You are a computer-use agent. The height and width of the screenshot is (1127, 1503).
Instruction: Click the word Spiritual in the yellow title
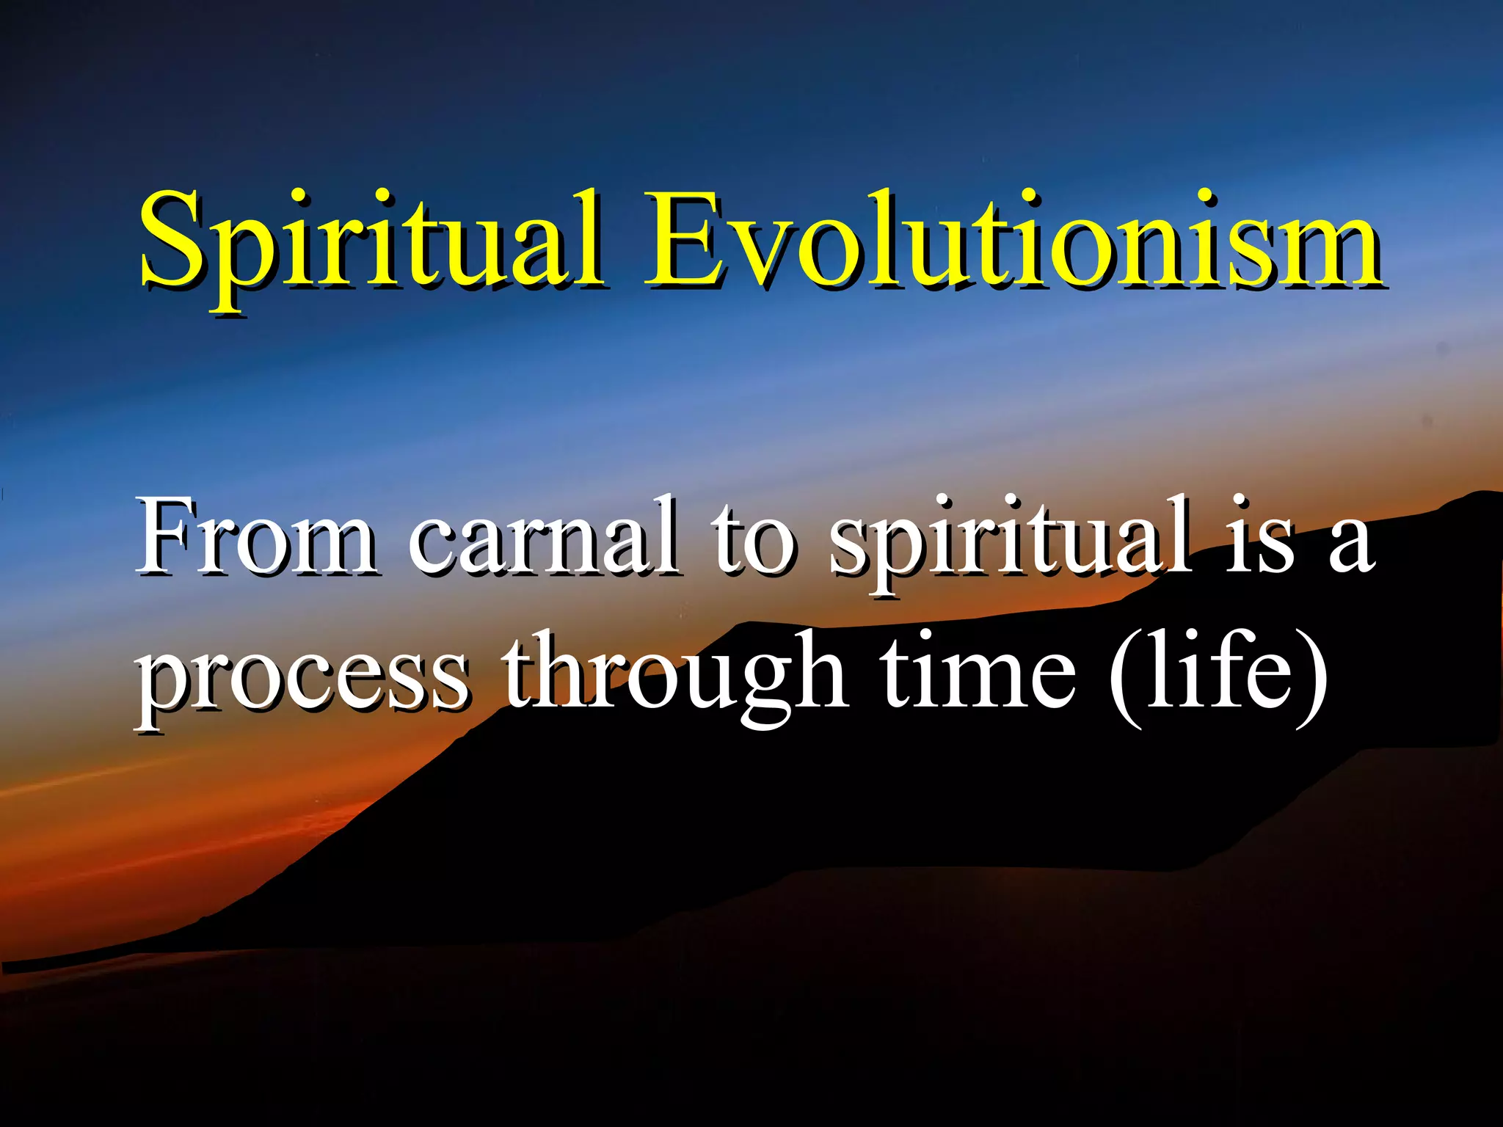[x=371, y=242]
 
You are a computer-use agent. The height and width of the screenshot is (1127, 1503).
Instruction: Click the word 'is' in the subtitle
[x=1259, y=539]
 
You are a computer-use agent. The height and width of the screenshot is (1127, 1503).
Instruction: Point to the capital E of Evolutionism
[x=684, y=238]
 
